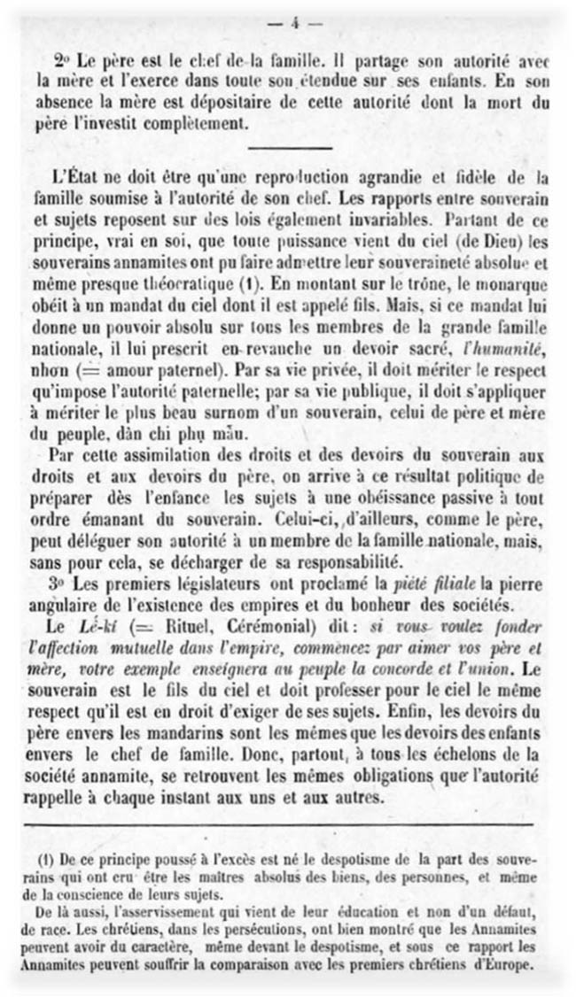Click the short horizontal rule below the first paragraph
[x=291, y=147]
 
